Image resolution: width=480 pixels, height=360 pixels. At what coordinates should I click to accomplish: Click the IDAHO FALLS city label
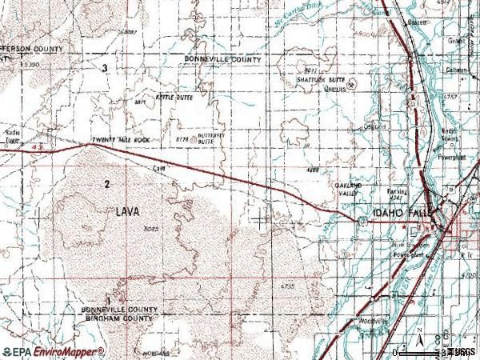(401, 214)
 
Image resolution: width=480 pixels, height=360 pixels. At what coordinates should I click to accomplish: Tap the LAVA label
(126, 211)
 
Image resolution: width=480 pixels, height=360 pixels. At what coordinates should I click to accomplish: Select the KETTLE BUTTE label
(175, 96)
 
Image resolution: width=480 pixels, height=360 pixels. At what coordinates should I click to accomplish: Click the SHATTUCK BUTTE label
(321, 81)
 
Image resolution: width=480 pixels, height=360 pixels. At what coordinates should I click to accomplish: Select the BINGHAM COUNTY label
(118, 318)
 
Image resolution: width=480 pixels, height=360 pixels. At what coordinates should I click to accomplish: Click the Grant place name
(457, 40)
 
